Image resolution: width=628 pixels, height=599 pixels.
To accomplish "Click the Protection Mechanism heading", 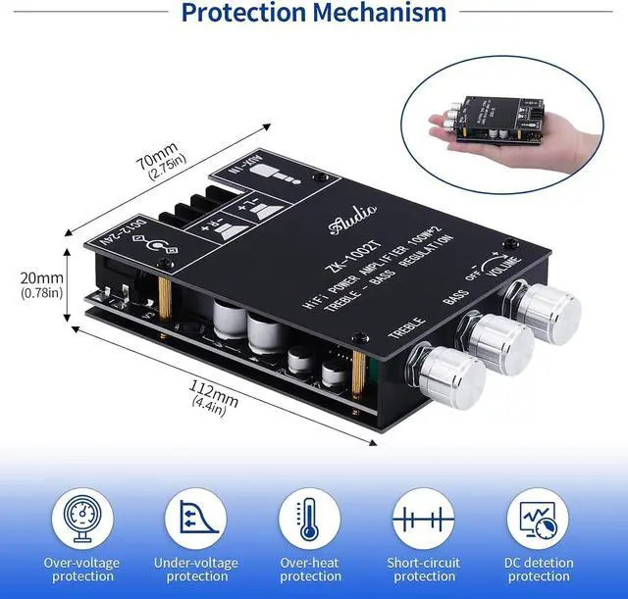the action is (x=314, y=13).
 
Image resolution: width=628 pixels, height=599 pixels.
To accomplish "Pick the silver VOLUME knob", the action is (x=548, y=308).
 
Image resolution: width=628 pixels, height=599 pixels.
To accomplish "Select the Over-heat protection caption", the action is (x=310, y=570).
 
